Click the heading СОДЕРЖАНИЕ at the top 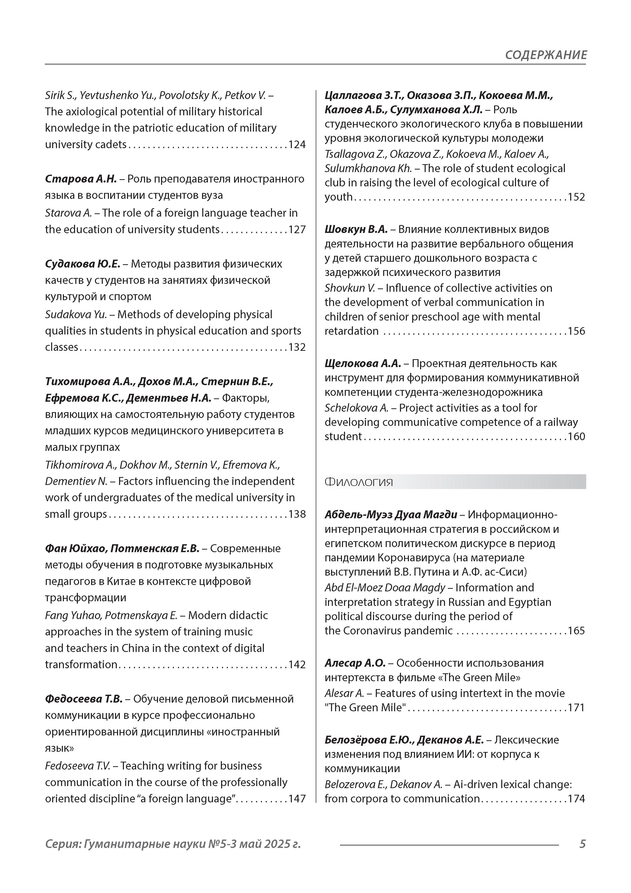point(546,55)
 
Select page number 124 point(297,145)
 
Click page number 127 point(297,229)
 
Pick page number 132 point(297,347)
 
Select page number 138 point(297,514)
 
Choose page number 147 point(297,799)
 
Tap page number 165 point(576,631)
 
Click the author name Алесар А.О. point(355,663)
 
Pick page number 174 point(576,799)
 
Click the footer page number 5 point(582,844)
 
